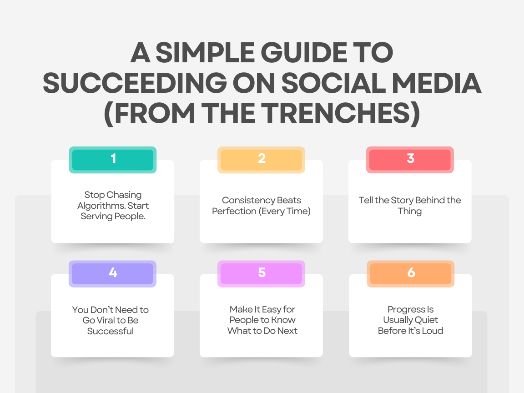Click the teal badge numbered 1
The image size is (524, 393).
(113, 160)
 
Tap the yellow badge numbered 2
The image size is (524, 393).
(262, 160)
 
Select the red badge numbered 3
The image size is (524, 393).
(410, 160)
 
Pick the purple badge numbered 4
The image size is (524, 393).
(113, 274)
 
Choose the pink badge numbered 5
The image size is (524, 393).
(262, 274)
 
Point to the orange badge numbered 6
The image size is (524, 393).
(411, 274)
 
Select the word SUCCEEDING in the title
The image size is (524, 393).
(135, 83)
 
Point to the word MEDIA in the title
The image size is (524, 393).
(437, 83)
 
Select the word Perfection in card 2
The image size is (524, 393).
(234, 211)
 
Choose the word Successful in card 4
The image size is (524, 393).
(110, 331)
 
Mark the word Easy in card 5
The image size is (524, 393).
(271, 310)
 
